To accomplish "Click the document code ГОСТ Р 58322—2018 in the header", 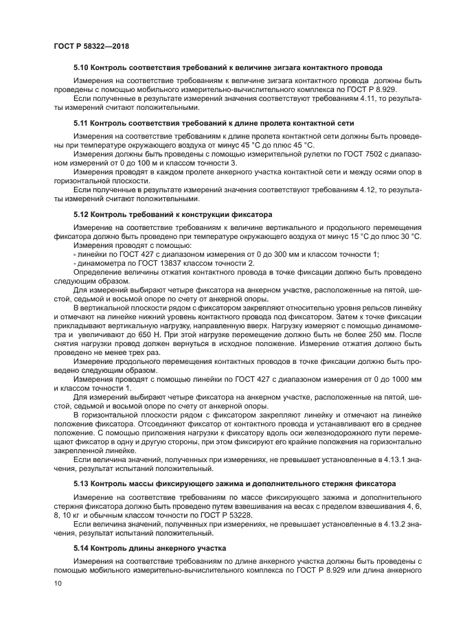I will point(91,45).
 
